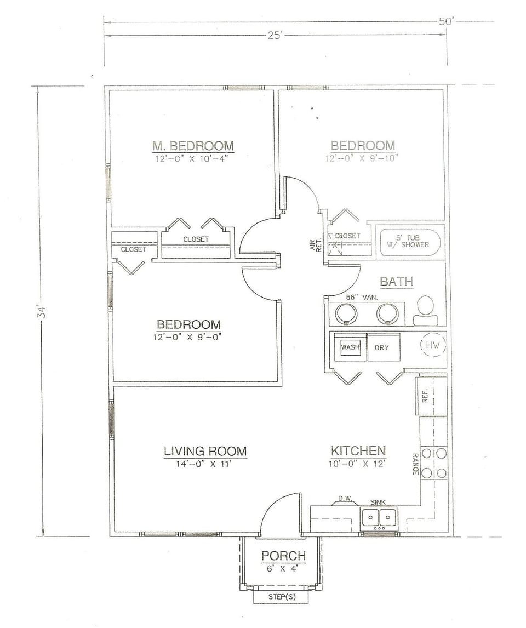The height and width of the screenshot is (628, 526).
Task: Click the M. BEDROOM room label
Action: (193, 146)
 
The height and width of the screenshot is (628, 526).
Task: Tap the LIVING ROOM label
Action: (205, 451)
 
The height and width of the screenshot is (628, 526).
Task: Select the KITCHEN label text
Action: (358, 451)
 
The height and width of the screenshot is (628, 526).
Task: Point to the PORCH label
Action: (283, 556)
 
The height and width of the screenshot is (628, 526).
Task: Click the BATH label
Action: (396, 282)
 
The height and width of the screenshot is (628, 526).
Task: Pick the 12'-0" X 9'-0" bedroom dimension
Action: (188, 337)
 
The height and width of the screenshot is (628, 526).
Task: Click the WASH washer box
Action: (350, 347)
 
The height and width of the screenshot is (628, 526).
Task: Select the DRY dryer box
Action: (382, 347)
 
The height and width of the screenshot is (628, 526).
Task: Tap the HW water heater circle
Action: (433, 345)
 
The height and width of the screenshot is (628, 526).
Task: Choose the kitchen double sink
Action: (379, 517)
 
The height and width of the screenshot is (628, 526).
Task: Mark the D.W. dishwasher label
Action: (344, 499)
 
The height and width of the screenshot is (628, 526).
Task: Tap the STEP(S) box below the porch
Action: (283, 596)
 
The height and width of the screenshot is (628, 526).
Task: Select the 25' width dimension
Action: (274, 36)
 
